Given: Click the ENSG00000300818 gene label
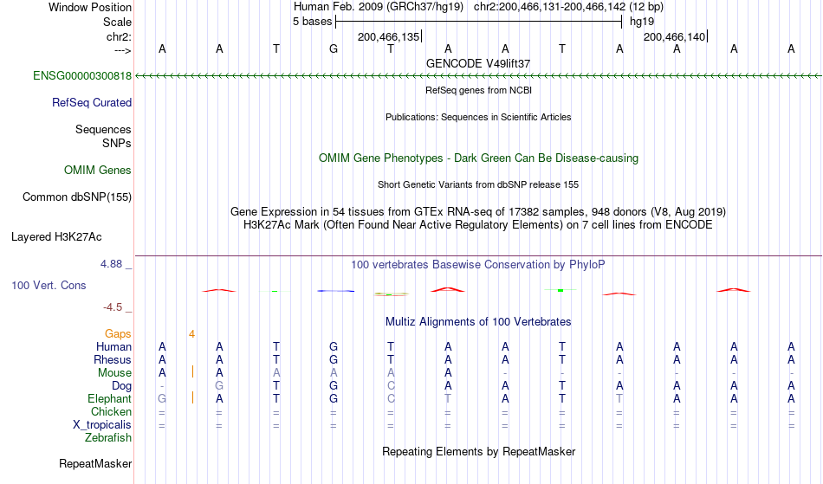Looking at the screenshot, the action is click(x=82, y=76).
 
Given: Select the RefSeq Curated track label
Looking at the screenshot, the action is click(x=92, y=103).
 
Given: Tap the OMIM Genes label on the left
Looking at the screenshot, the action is click(x=98, y=171).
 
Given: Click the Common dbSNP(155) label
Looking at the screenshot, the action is click(x=77, y=197).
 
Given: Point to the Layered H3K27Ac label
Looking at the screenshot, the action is click(x=56, y=237).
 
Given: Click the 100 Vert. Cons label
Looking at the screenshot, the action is click(x=49, y=285).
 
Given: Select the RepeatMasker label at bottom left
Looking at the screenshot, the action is click(x=95, y=463).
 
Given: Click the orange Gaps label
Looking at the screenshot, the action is click(x=118, y=334).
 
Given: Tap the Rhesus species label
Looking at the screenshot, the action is click(x=113, y=359).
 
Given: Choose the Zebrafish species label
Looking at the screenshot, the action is click(x=108, y=438).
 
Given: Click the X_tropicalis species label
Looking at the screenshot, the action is click(x=102, y=425).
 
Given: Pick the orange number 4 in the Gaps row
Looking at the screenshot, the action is click(x=192, y=334).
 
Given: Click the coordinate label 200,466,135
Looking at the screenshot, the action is click(x=388, y=36).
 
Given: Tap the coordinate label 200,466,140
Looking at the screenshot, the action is click(x=675, y=36).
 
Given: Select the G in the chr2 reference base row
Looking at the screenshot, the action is click(x=334, y=48).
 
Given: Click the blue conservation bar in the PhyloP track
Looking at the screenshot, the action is click(x=336, y=291).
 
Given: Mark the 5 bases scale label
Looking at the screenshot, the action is click(x=312, y=22).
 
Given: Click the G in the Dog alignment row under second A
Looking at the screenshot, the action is click(x=219, y=386).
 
